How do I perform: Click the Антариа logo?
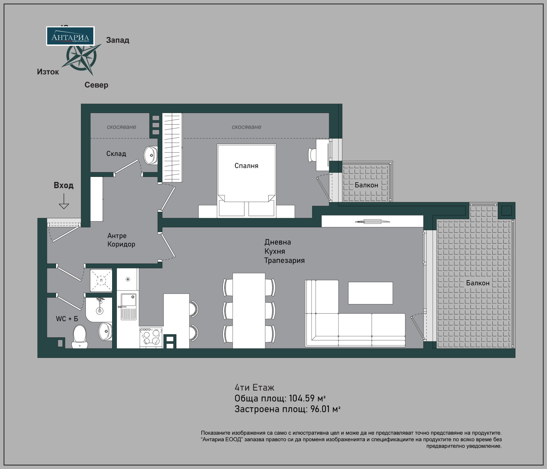point(70,36)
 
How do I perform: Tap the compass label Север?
point(96,85)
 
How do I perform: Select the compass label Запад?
point(118,40)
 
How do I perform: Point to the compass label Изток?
point(48,72)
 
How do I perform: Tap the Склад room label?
point(116,154)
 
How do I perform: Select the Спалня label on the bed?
point(246,166)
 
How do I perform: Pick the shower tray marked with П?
point(101,280)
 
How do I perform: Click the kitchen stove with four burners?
point(151,337)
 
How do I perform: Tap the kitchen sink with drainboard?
point(128,307)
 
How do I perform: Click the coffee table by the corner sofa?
point(370,293)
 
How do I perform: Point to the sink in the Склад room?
point(150,155)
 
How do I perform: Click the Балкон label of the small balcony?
point(366,185)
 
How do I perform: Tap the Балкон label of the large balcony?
point(478,283)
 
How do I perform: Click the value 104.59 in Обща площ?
point(302,398)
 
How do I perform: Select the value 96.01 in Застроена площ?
point(320,409)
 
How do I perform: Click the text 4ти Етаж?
point(254,387)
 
